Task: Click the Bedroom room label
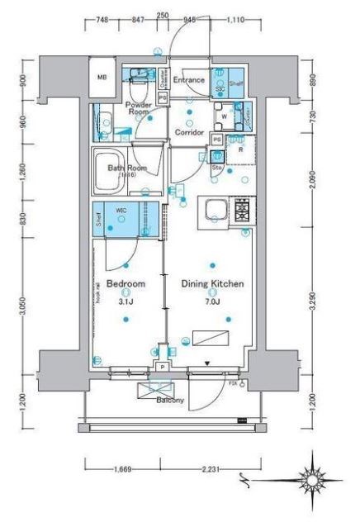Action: click(x=126, y=283)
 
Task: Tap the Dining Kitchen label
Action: click(x=212, y=283)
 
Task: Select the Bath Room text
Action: click(x=127, y=168)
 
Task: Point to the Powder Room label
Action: click(x=139, y=109)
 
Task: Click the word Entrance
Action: click(x=190, y=80)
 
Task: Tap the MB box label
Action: click(x=103, y=78)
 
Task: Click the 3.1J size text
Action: click(x=126, y=302)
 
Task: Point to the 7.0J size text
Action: click(x=212, y=302)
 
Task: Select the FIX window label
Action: click(x=232, y=383)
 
